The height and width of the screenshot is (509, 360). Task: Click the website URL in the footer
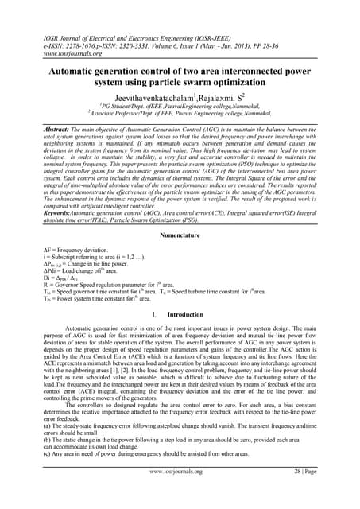[179, 493]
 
